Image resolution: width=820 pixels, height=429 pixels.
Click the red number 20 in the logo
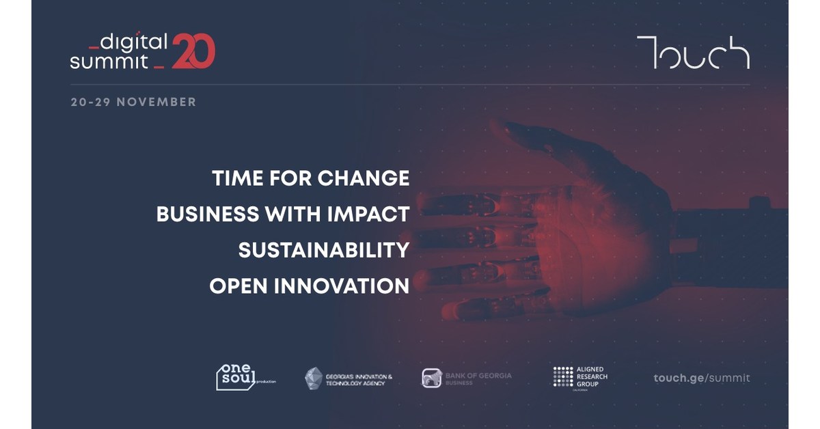pos(193,51)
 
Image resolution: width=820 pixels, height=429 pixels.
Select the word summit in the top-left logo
pos(109,61)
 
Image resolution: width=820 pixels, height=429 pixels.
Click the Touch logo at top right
pos(693,53)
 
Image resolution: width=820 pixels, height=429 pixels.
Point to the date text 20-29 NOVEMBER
pos(133,102)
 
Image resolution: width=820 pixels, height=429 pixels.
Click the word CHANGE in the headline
pos(363,178)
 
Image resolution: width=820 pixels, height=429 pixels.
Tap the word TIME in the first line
pos(237,178)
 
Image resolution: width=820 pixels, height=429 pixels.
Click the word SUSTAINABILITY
pos(323,250)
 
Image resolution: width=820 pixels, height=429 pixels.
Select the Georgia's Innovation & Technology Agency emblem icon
pos(314,378)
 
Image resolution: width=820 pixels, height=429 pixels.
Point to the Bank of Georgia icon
pos(432,378)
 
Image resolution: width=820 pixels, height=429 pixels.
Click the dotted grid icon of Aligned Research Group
pos(563,376)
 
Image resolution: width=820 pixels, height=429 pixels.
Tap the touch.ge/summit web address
pos(701,378)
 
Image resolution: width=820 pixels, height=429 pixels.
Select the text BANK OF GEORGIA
pos(478,375)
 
